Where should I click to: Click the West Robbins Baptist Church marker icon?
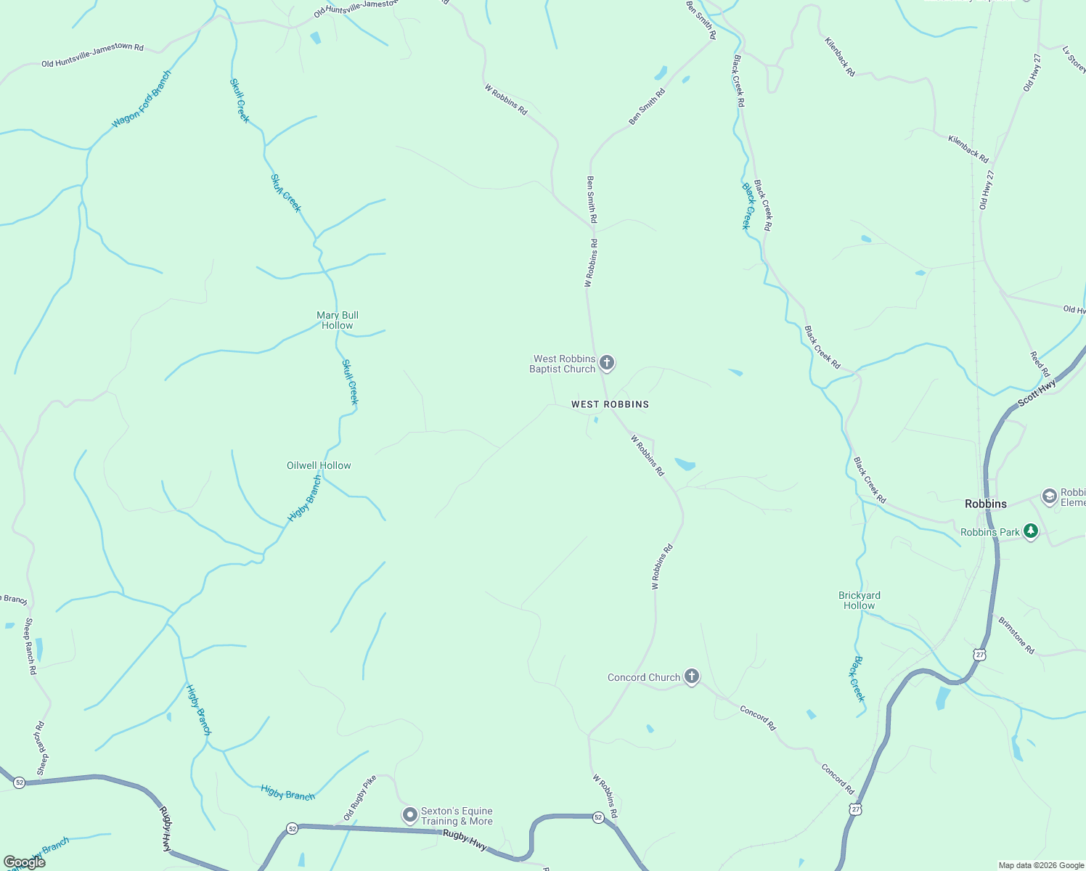(607, 363)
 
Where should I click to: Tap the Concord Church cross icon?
(692, 677)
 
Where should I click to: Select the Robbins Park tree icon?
(1030, 531)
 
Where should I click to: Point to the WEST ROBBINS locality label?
(610, 404)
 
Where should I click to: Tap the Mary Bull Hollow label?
(338, 320)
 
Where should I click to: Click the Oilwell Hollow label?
(319, 465)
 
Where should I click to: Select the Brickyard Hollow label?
(860, 600)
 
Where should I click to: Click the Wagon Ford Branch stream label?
(142, 99)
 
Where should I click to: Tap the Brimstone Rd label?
(1016, 636)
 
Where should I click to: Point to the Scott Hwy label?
(1037, 393)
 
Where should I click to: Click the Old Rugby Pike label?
(360, 798)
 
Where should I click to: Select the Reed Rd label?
(1040, 364)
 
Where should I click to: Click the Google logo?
(24, 862)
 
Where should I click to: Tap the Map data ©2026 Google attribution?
(1041, 865)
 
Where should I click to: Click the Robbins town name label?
(986, 504)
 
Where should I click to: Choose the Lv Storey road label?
(1074, 60)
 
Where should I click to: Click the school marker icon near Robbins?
(1049, 496)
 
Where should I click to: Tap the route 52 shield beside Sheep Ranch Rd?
(19, 782)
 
